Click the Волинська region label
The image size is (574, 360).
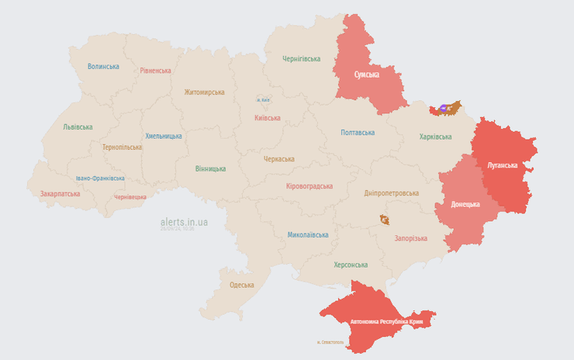103,67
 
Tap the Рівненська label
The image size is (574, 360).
155,71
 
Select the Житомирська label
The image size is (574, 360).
204,92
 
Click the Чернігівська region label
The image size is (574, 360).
301,59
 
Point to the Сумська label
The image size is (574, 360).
366,74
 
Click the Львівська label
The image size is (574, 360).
78,127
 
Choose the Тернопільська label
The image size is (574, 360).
122,147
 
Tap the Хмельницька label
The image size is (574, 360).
164,136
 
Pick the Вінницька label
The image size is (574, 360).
210,168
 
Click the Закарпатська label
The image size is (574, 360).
60,194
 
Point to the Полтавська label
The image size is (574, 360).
358,133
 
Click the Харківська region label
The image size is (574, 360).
435,137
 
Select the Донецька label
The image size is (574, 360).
465,204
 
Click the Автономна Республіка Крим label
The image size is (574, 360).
386,321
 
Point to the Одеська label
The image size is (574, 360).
241,285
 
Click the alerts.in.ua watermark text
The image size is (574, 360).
184,222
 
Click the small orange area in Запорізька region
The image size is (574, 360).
385,220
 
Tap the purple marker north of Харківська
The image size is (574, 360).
444,109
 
